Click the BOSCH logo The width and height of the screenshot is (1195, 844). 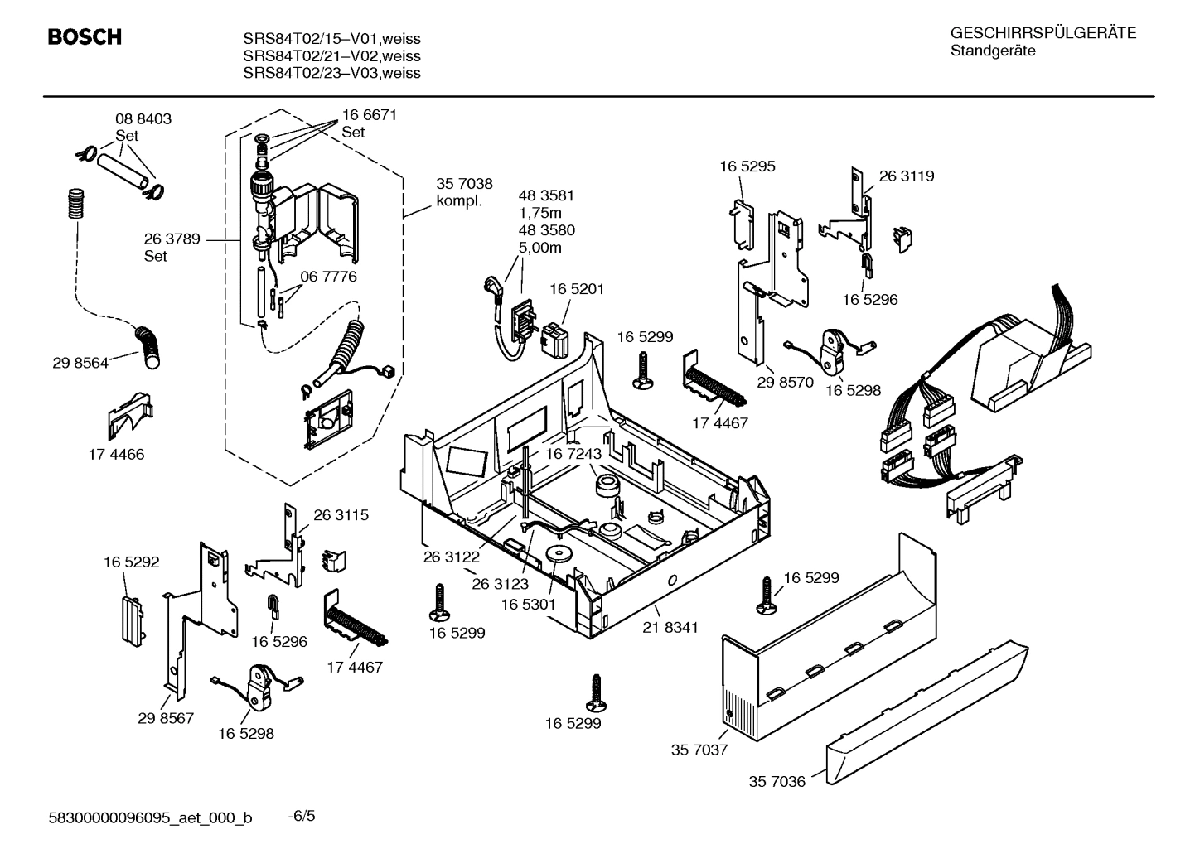coord(85,37)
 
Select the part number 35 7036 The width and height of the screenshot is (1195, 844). coord(777,781)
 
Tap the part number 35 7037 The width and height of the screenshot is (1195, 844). coord(699,750)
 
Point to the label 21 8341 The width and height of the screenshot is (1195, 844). coord(670,627)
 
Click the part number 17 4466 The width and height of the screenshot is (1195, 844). coord(116,454)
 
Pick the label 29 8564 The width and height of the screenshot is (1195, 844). coord(80,363)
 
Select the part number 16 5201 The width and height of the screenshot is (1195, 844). coord(577,289)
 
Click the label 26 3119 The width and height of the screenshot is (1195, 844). coord(906,176)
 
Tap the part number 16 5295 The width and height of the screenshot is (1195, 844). coord(747,166)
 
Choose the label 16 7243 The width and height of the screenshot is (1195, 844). coord(573,454)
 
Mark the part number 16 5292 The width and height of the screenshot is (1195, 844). coord(131,562)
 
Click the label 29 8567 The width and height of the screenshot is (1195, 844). coord(166,717)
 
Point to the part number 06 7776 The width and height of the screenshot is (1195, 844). coord(328,277)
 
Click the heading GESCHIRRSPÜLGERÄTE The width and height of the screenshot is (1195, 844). coord(1043,33)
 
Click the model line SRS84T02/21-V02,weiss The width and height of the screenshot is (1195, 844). coord(331,56)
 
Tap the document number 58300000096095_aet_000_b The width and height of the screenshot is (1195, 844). coord(151,818)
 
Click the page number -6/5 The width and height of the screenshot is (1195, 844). coord(302,817)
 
